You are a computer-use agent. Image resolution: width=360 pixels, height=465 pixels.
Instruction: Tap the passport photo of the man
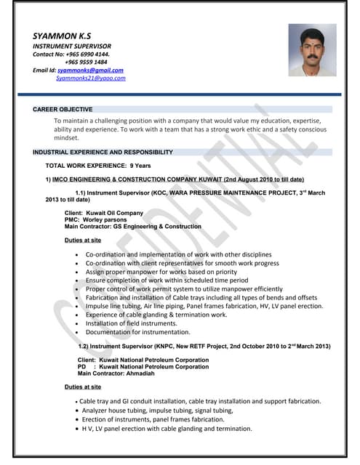[312, 49]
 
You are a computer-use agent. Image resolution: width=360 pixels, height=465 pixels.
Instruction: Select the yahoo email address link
[90, 78]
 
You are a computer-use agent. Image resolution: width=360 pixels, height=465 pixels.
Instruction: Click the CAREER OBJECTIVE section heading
[63, 109]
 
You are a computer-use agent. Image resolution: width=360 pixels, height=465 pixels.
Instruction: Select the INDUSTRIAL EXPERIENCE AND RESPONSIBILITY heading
[103, 153]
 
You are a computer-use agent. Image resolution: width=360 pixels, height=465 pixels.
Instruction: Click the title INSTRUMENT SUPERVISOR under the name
[72, 46]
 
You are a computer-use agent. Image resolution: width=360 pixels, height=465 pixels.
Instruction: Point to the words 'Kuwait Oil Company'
[114, 213]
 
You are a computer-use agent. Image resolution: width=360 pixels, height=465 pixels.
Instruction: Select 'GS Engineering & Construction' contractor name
[156, 226]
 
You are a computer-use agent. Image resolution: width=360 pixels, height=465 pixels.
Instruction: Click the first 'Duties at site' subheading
[83, 240]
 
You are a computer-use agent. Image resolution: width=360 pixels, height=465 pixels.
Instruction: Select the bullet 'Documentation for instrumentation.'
[138, 332]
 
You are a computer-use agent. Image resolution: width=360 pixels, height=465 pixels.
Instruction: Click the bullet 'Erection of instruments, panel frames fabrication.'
[153, 419]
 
